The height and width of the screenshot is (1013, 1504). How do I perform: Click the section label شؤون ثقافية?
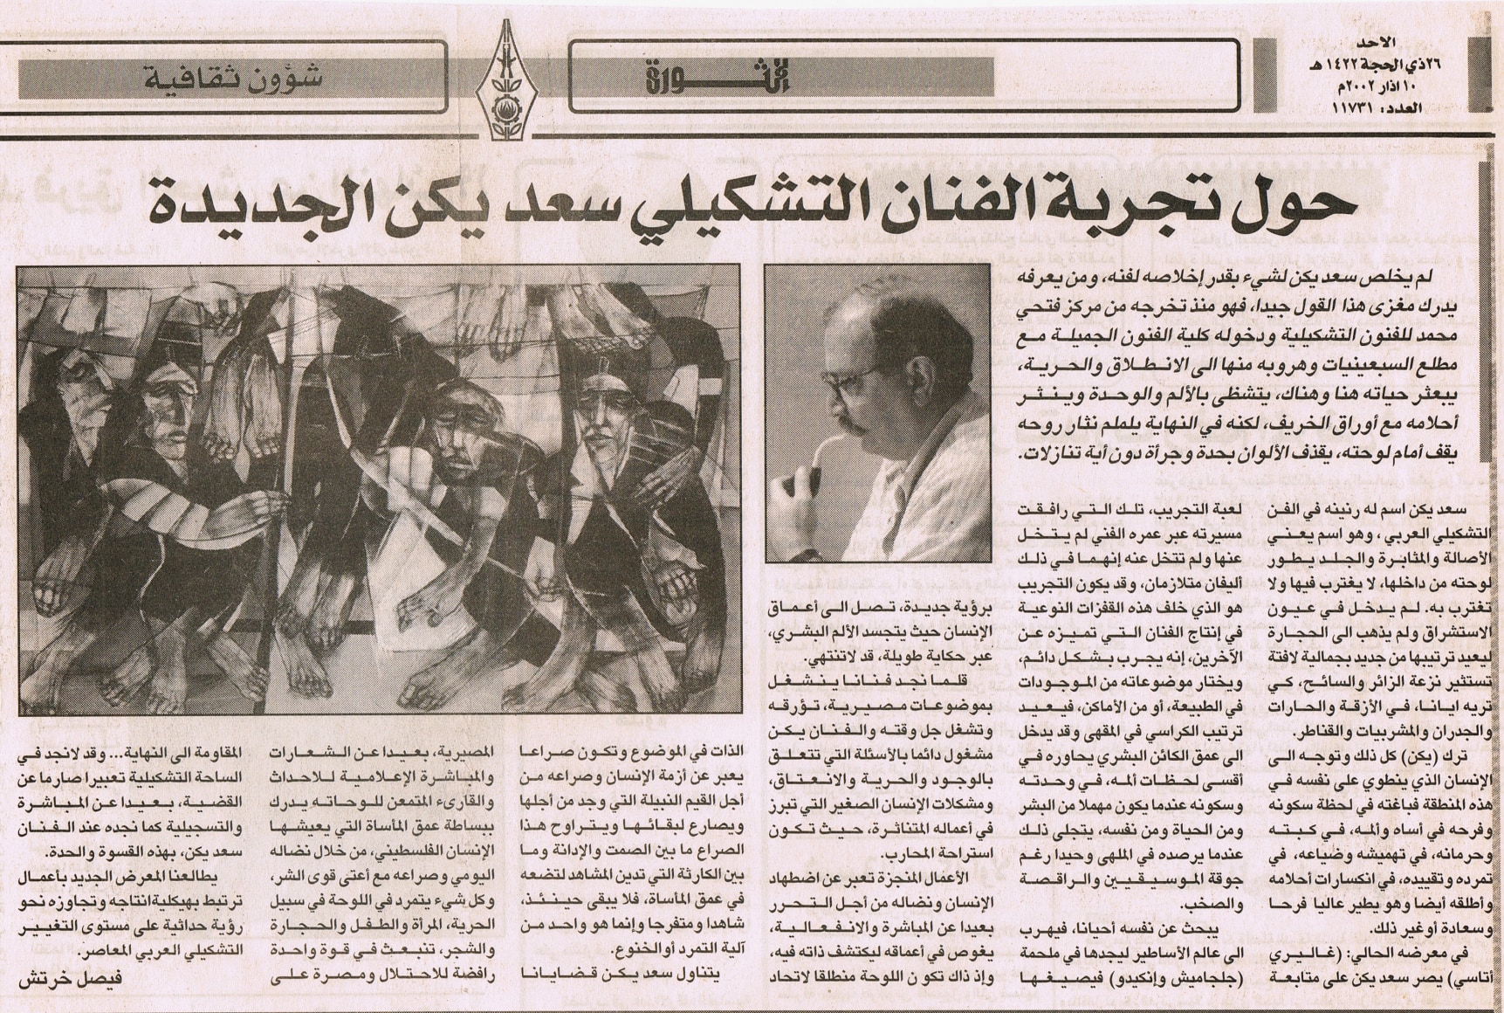(x=233, y=77)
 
